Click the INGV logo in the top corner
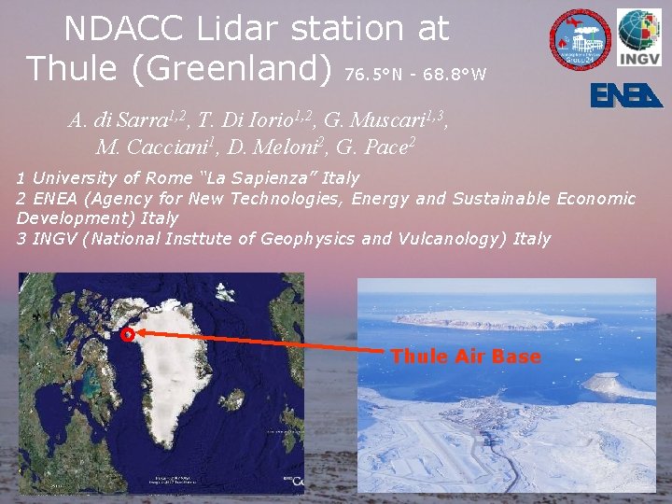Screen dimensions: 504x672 click(x=639, y=37)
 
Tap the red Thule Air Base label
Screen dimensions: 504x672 click(x=465, y=357)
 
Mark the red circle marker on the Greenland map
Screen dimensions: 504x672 click(x=128, y=333)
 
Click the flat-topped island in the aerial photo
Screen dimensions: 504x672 click(x=495, y=320)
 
